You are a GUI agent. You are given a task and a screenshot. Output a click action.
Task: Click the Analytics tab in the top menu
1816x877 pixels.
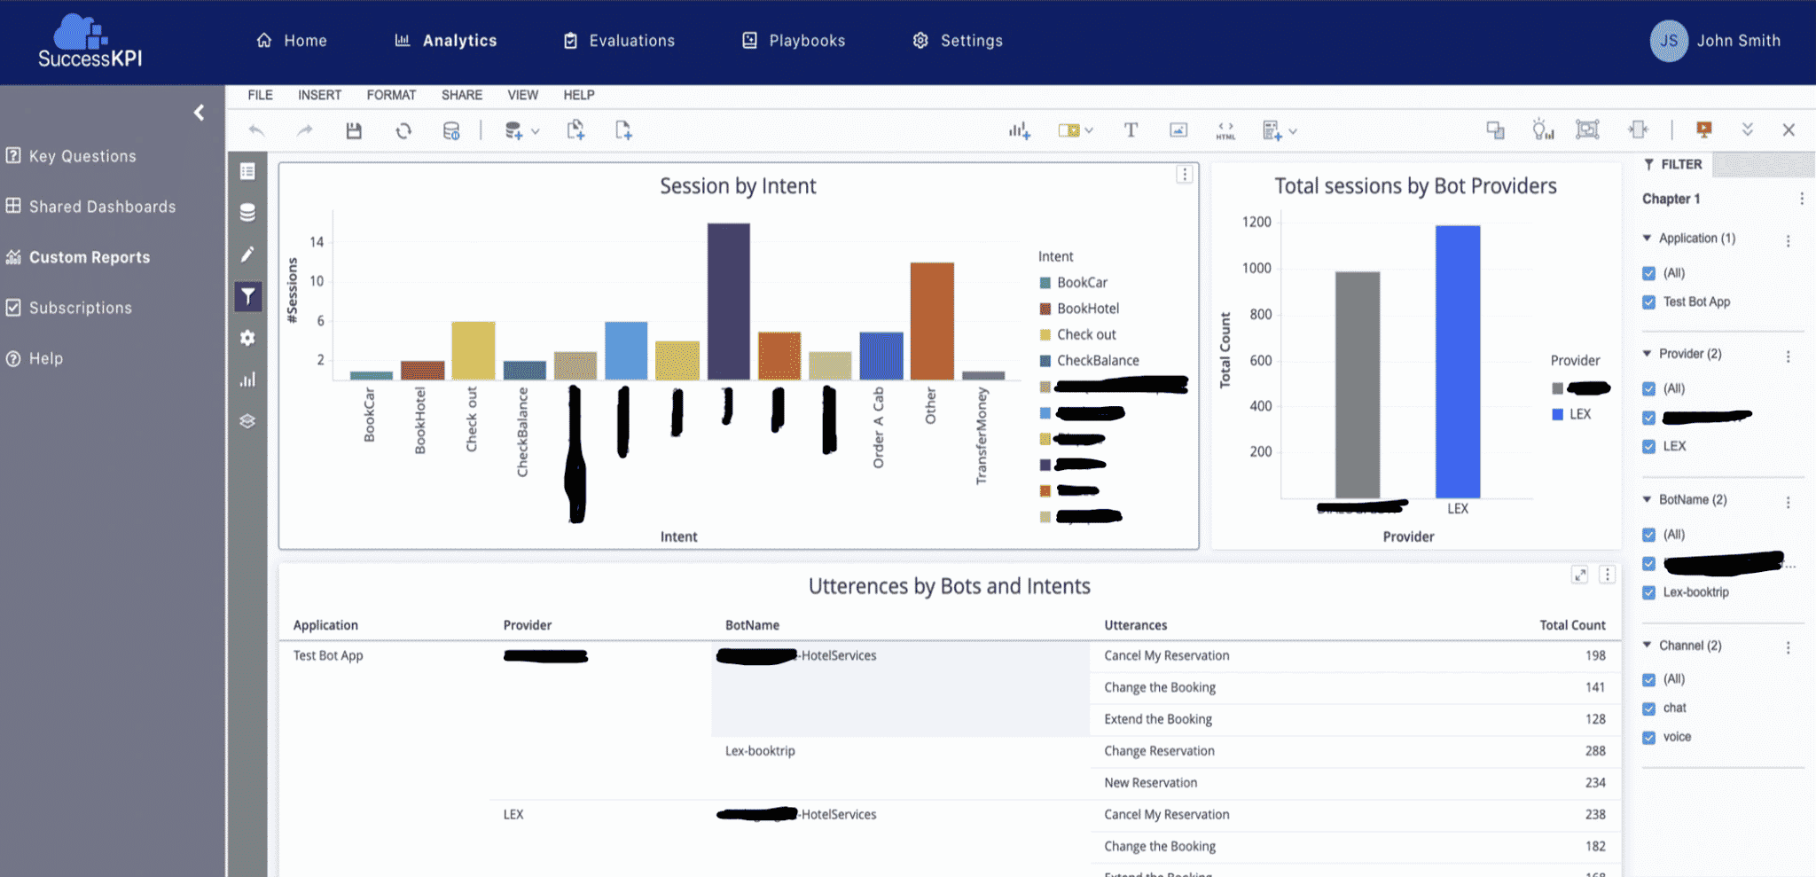click(x=458, y=41)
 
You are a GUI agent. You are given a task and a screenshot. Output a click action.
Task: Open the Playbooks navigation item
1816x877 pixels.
click(x=806, y=41)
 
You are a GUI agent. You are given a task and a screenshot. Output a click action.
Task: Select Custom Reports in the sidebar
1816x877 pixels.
click(x=89, y=257)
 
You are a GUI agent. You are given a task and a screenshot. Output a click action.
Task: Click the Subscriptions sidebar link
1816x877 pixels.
click(x=80, y=308)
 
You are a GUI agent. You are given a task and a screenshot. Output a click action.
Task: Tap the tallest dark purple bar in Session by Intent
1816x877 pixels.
click(x=728, y=301)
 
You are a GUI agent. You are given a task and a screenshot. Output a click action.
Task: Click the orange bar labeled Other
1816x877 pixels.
click(x=931, y=321)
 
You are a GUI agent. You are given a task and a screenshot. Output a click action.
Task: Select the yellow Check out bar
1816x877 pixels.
click(x=473, y=350)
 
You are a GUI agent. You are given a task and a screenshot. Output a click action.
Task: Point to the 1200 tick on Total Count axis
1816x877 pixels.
click(x=1256, y=222)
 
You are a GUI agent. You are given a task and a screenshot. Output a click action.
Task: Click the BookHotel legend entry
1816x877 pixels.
click(x=1087, y=309)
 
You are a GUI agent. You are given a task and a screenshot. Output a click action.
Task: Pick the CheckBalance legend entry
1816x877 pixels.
click(x=1097, y=361)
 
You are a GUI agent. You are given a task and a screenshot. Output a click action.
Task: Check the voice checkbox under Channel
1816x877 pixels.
click(x=1648, y=738)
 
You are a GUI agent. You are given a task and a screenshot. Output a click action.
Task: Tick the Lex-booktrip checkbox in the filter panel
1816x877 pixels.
click(x=1648, y=593)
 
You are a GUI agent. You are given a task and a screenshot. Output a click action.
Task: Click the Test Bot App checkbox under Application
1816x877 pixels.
click(x=1648, y=302)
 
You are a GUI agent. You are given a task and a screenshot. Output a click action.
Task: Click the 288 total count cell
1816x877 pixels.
click(x=1594, y=751)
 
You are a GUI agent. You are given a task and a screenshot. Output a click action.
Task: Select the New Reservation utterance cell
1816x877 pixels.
click(x=1150, y=783)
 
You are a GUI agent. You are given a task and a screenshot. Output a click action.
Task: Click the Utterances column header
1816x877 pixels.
click(x=1135, y=625)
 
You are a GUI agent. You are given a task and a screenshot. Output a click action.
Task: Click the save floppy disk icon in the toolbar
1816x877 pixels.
click(x=354, y=131)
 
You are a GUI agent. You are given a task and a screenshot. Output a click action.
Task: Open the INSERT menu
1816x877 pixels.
click(x=319, y=95)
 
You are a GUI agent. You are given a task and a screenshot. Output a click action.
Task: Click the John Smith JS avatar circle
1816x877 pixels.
click(x=1668, y=41)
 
